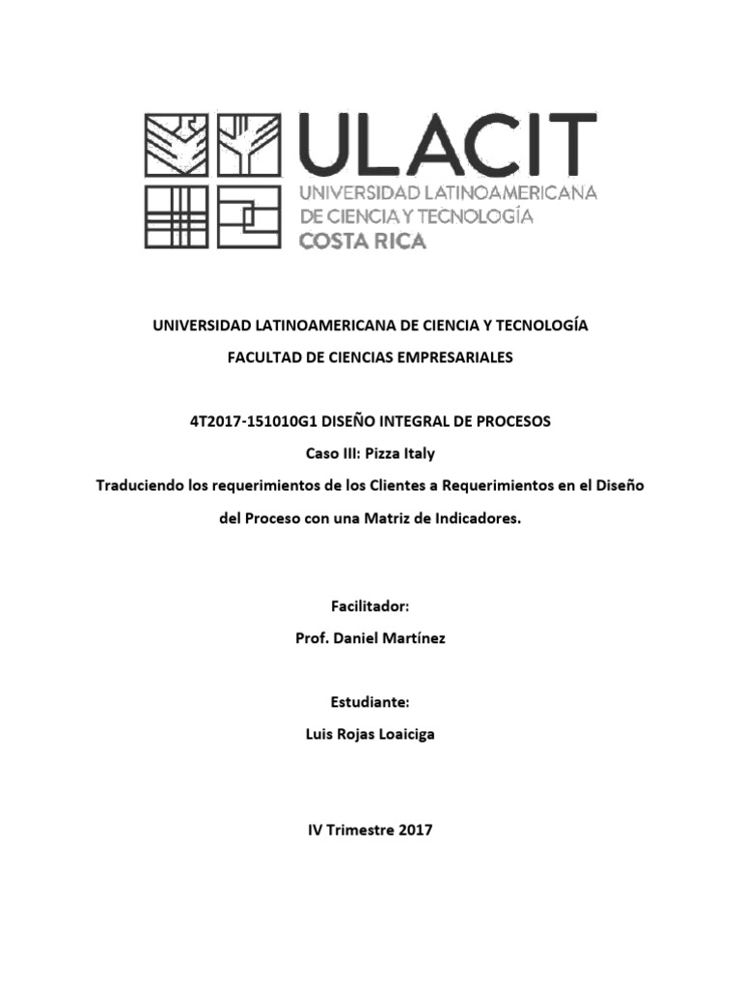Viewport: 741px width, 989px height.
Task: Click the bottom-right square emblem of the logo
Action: click(248, 217)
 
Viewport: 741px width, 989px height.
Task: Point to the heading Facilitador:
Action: click(370, 606)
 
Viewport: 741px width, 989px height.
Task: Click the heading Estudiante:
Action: click(370, 702)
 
